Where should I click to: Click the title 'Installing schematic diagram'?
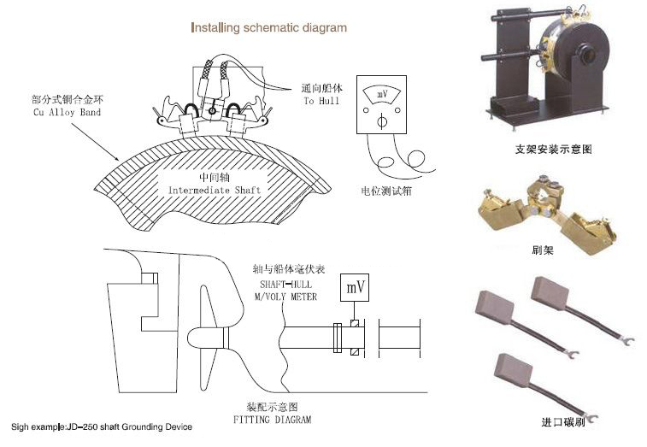[268, 27]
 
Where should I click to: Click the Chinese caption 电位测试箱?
[386, 190]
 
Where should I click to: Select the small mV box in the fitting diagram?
[355, 287]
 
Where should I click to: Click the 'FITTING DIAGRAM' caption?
[273, 420]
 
